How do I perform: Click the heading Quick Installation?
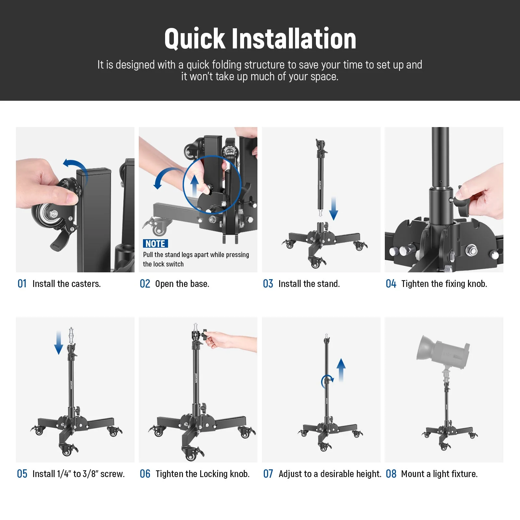point(260,39)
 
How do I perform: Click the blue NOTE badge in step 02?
point(155,244)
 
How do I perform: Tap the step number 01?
point(22,284)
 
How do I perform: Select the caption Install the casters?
point(67,284)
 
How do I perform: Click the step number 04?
point(391,284)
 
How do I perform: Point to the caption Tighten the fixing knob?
point(444,284)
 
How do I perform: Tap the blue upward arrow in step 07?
point(341,370)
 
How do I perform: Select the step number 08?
point(391,474)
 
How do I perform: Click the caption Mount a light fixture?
point(439,474)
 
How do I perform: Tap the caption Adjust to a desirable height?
point(330,474)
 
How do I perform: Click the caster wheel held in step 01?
point(49,214)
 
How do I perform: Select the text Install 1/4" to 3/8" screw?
point(78,474)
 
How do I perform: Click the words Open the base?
point(182,284)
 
